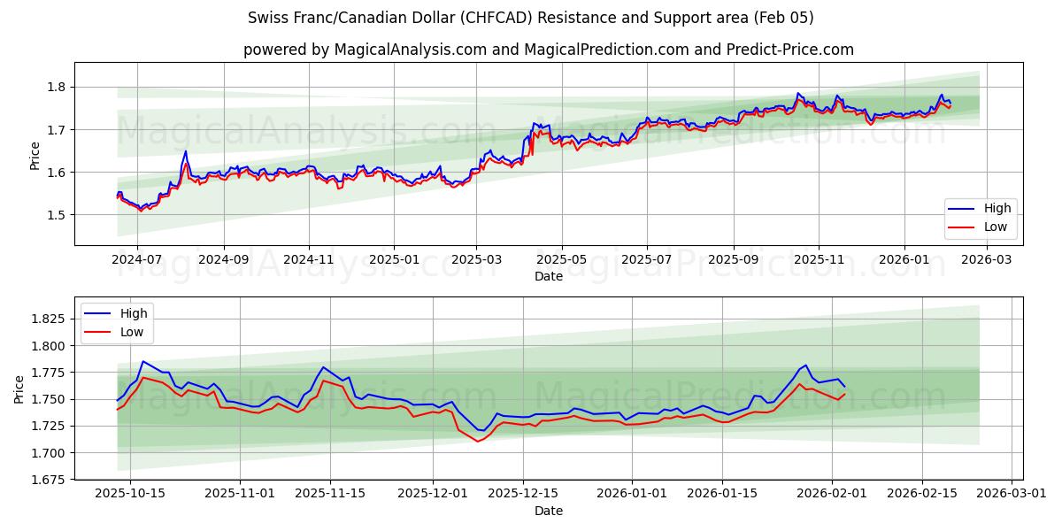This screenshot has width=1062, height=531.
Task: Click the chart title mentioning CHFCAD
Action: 531,18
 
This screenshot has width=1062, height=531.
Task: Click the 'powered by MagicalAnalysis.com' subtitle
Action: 549,50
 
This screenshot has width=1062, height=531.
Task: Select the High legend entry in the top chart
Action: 981,208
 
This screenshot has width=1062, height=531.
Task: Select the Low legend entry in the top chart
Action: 981,227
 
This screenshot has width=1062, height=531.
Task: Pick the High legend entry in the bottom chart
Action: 116,312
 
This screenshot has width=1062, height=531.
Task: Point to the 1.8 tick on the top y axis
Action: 58,87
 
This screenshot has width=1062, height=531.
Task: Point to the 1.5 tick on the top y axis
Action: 58,215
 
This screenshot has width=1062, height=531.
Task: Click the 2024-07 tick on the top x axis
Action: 137,260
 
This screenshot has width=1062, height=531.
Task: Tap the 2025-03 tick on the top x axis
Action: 477,260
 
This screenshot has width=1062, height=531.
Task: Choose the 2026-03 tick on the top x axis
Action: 987,260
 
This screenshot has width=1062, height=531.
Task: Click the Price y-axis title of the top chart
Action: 35,154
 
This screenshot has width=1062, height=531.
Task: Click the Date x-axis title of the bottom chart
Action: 549,512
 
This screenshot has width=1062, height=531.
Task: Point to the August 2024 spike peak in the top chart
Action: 185,151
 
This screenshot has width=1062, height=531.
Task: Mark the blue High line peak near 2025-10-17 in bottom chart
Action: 143,361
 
